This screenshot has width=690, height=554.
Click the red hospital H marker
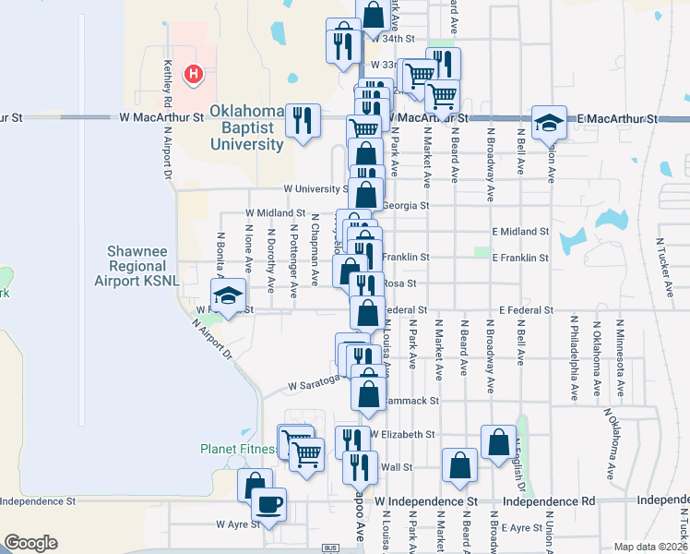(194, 73)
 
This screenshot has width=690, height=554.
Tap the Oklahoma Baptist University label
(246, 127)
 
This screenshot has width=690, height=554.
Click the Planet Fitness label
(238, 450)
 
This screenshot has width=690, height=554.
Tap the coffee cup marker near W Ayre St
(268, 505)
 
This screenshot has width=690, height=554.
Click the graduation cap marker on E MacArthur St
(548, 122)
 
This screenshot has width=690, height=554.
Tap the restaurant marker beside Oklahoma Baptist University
(302, 120)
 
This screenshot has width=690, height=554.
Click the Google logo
(30, 543)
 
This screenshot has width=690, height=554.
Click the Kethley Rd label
(168, 80)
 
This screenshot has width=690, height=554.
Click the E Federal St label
(525, 310)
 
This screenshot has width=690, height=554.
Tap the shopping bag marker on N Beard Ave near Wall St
(458, 467)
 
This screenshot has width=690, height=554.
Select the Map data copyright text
(651, 547)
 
